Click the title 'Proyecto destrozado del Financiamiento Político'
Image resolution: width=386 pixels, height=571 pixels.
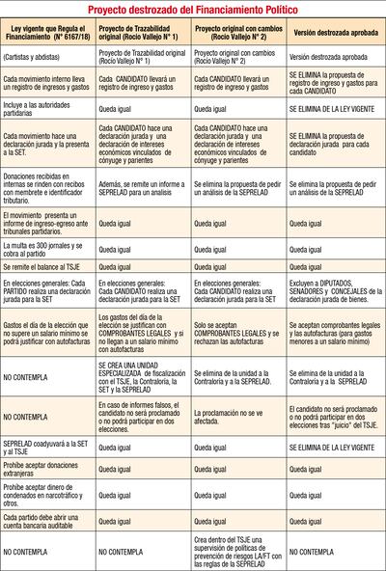pyautogui.click(x=193, y=9)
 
